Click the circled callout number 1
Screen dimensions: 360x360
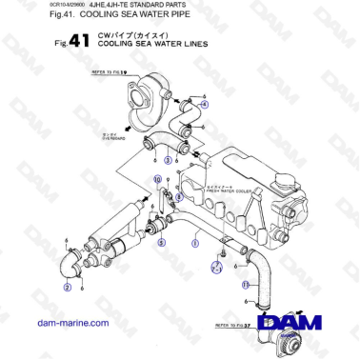(195, 244)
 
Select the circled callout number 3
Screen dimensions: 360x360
(168, 160)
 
